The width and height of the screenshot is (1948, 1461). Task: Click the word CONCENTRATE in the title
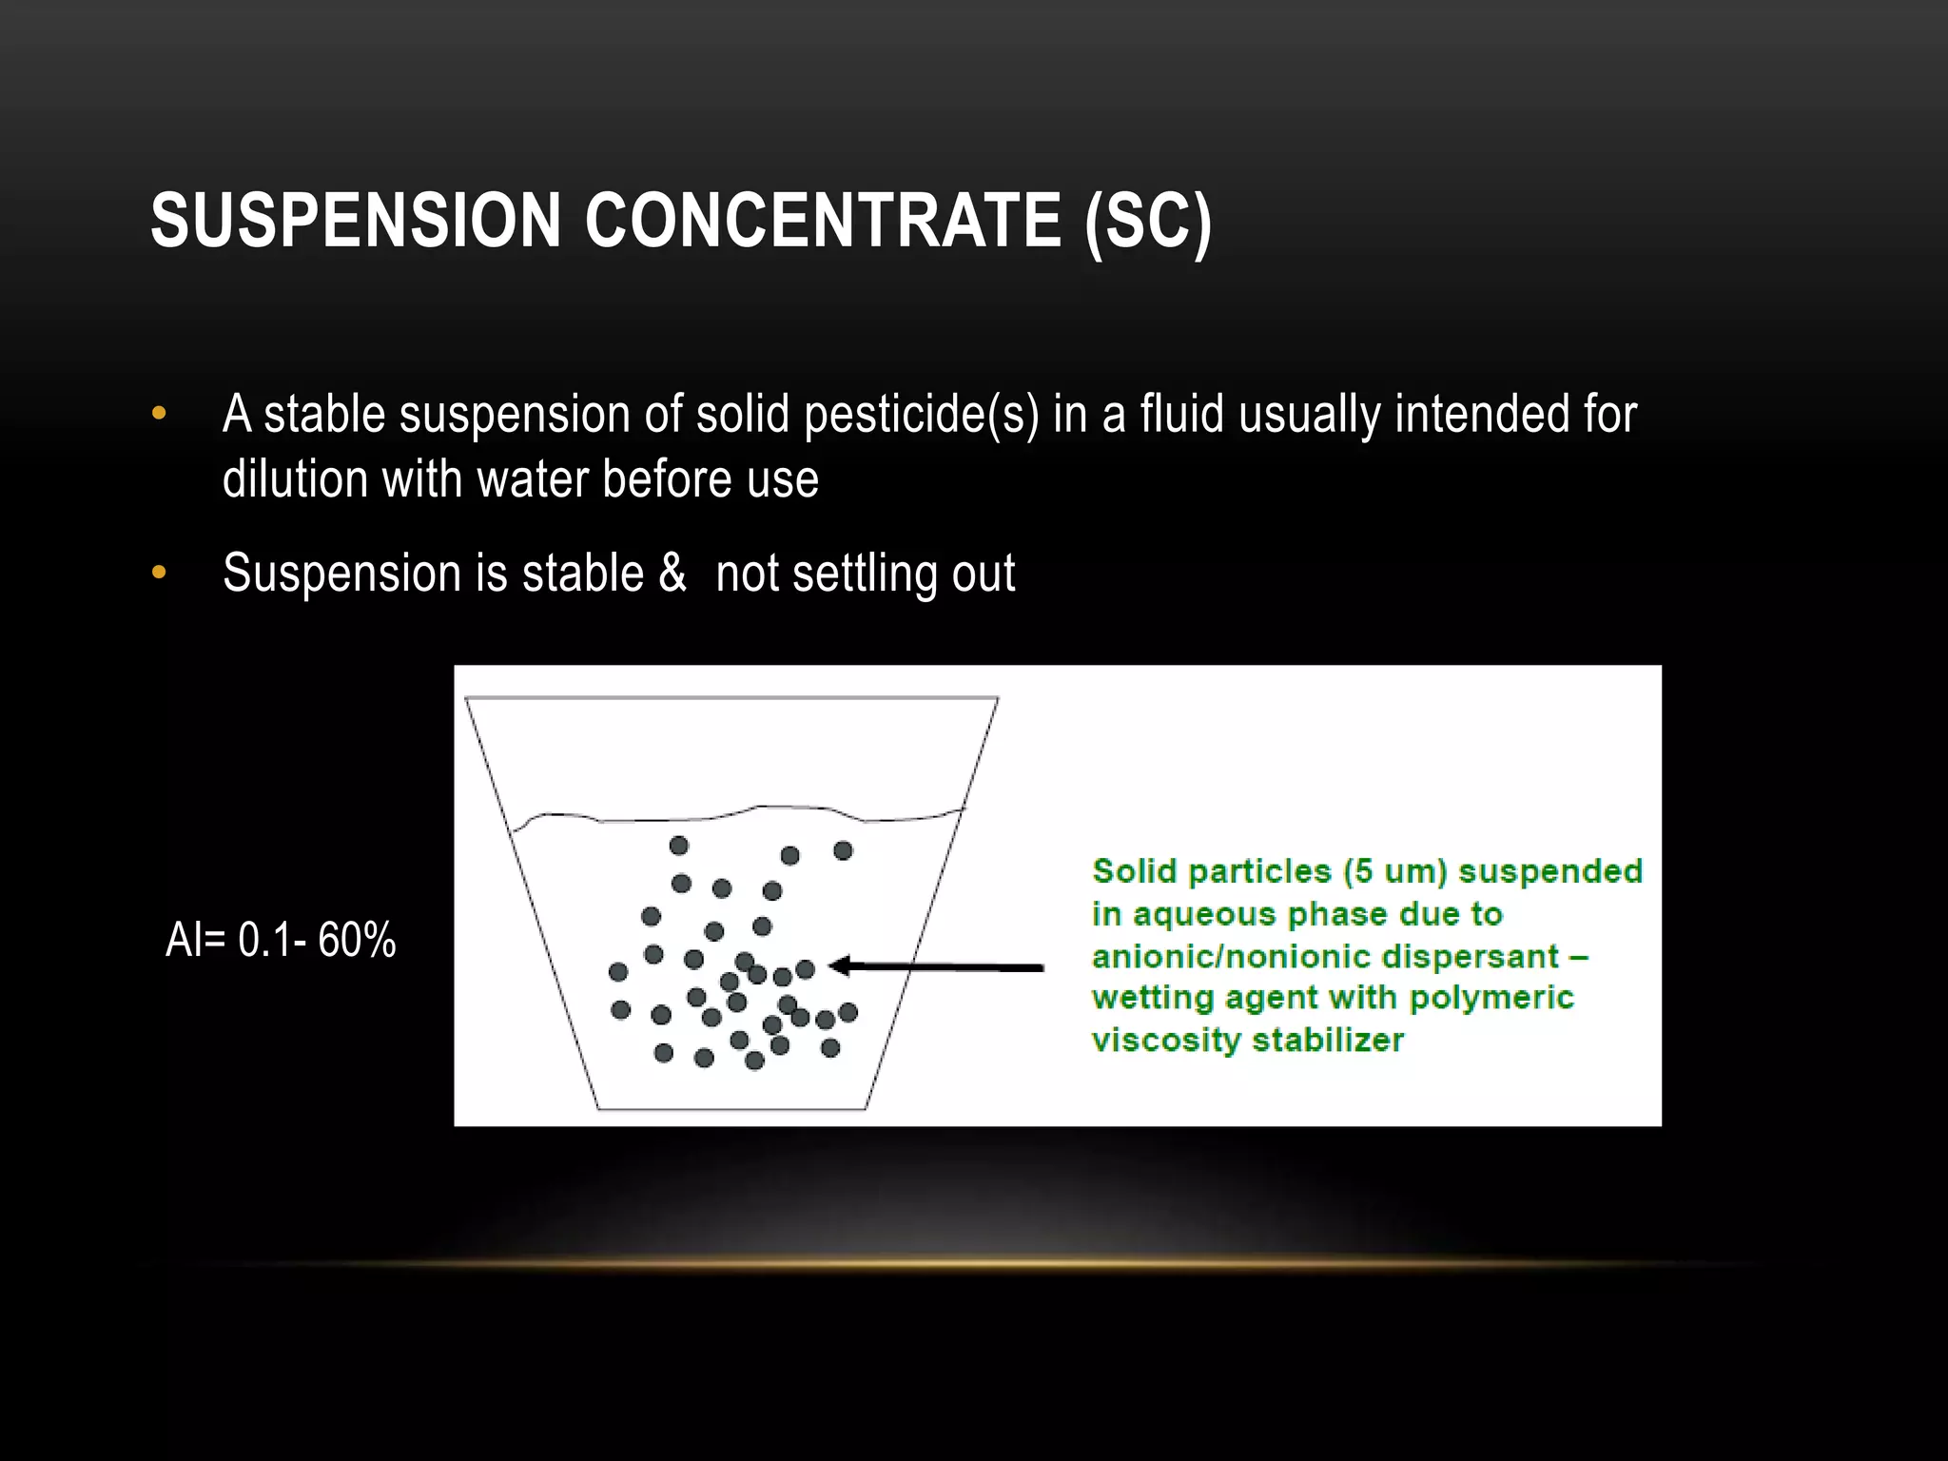[x=823, y=221]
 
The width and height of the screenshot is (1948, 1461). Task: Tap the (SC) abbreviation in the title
[x=1148, y=221]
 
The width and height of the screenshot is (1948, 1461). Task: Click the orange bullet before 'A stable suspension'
[x=159, y=414]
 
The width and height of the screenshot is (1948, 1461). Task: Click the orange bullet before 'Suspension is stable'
[x=159, y=573]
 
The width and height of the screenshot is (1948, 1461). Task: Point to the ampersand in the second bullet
[x=672, y=573]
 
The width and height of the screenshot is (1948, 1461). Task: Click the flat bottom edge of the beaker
[x=732, y=1108]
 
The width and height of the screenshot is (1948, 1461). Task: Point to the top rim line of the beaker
[x=731, y=698]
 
